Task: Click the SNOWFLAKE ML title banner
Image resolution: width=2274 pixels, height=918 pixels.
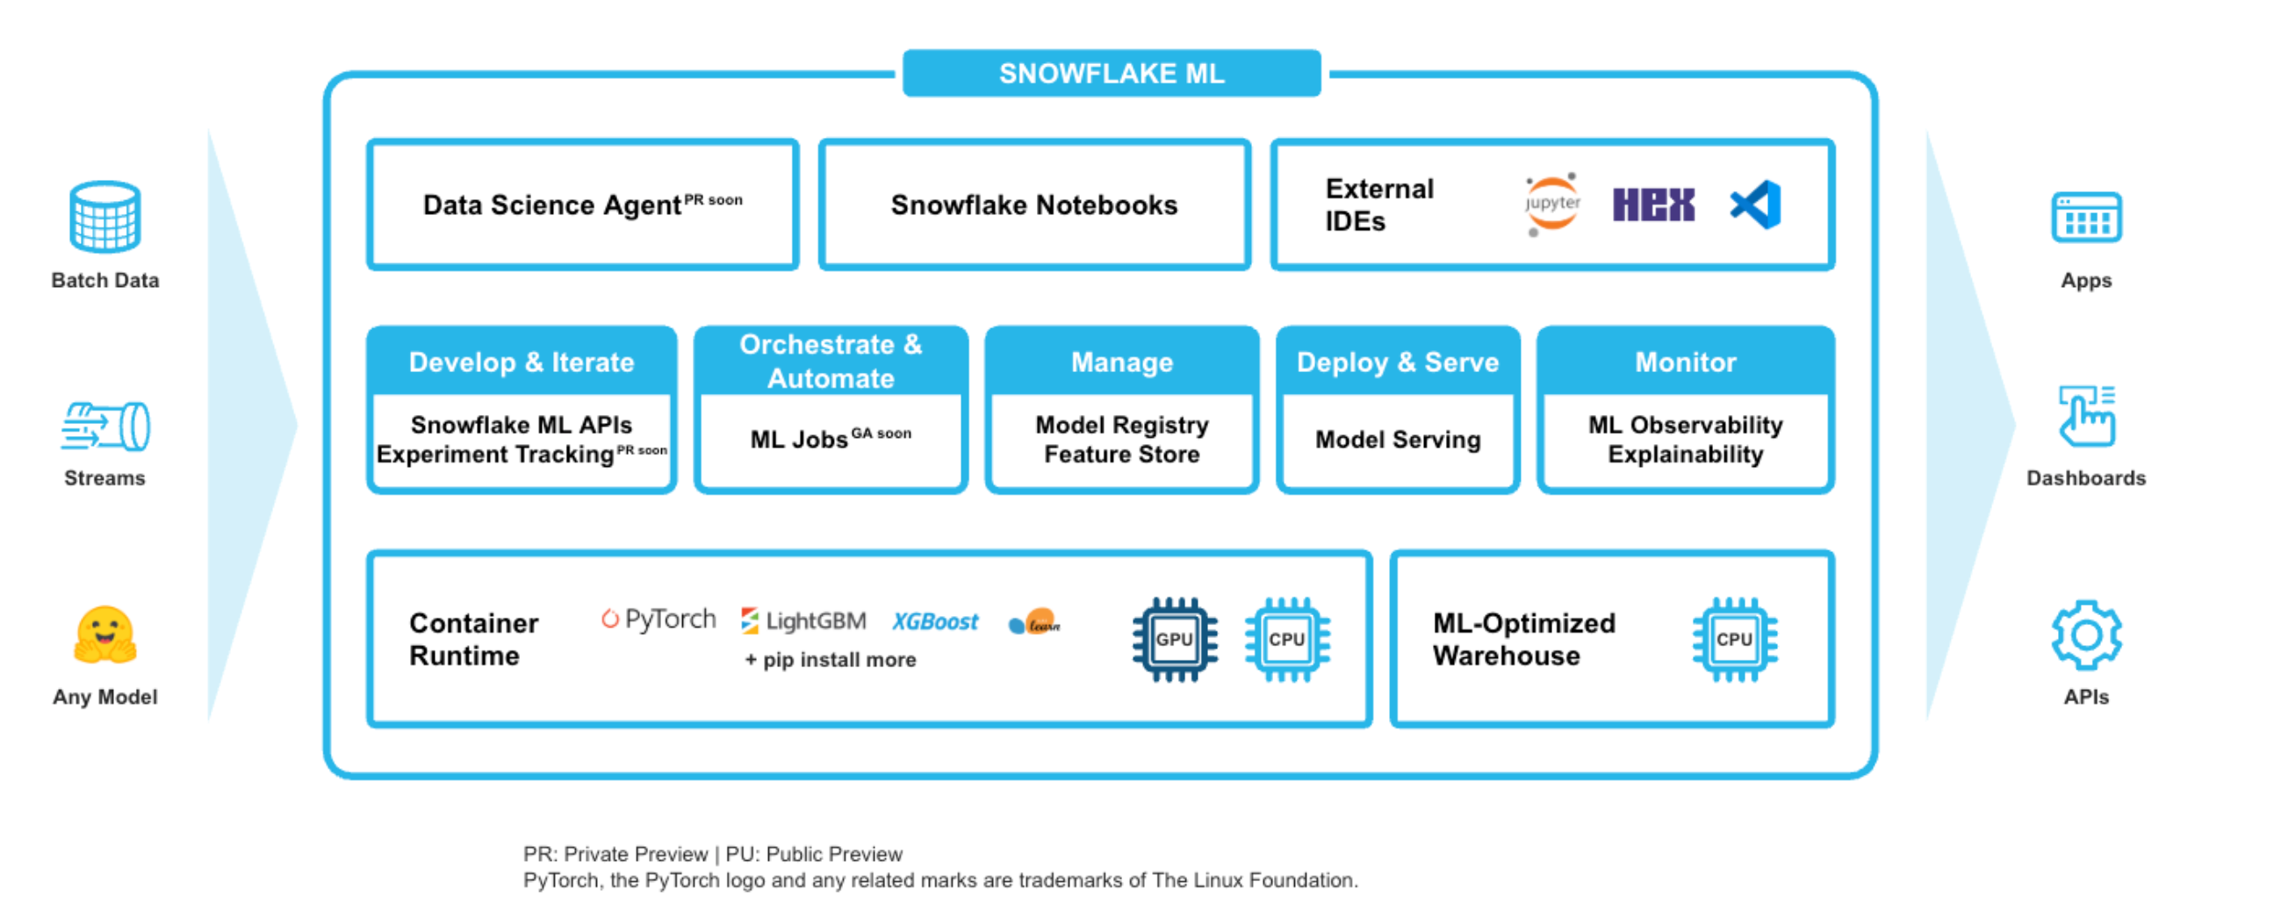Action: pos(1111,73)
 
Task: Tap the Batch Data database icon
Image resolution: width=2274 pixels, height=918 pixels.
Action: pos(104,216)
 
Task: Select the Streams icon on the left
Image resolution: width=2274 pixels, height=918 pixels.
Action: pos(105,427)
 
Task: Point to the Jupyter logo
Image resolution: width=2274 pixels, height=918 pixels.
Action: pos(1551,204)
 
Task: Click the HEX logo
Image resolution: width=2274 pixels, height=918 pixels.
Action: pos(1652,204)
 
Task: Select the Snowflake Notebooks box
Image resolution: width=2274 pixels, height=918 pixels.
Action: pos(1033,204)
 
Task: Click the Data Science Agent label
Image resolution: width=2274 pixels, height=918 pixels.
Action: pos(552,204)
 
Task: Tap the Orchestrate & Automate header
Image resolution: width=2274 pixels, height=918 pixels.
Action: pos(831,361)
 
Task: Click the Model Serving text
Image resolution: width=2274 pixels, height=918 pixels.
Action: pos(1398,440)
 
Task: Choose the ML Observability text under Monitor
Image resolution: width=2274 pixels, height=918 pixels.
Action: pos(1684,425)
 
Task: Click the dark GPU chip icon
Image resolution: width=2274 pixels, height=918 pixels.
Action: pos(1174,639)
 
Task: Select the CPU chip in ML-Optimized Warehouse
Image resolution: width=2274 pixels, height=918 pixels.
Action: pos(1734,639)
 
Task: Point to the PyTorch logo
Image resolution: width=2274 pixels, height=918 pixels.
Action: pos(658,620)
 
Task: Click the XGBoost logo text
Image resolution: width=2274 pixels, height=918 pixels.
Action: pos(935,621)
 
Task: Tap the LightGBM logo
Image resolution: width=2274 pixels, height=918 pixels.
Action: pos(803,620)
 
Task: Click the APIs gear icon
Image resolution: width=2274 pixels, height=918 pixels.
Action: pos(2085,635)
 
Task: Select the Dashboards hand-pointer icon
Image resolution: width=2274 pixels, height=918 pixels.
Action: pos(2085,417)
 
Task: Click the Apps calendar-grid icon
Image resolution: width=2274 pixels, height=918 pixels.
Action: pos(2085,217)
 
